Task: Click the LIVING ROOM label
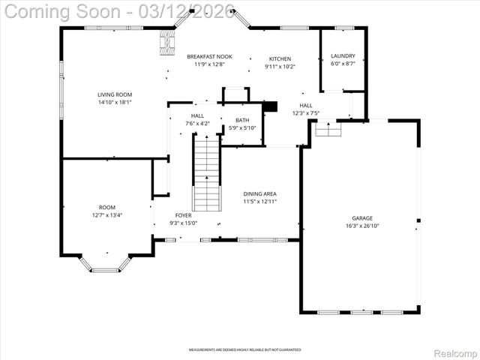click(114, 94)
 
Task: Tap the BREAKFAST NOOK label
click(209, 57)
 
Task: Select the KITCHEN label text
click(280, 58)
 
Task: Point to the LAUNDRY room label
click(343, 57)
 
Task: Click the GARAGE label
click(362, 218)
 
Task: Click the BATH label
click(242, 120)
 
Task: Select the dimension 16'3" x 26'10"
click(362, 226)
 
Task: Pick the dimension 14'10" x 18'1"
click(114, 102)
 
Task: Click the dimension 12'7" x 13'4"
click(107, 214)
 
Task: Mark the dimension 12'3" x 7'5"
click(306, 113)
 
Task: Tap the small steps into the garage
click(327, 130)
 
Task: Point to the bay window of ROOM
click(105, 263)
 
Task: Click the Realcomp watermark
click(455, 352)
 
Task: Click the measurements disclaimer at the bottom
click(244, 349)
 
